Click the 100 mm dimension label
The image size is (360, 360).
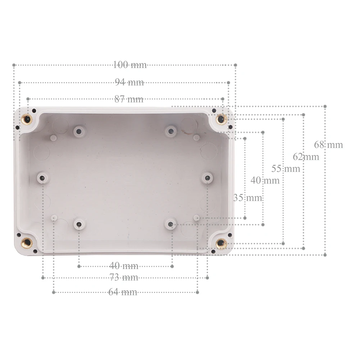tap(130, 65)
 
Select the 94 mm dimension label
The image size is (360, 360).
tap(129, 82)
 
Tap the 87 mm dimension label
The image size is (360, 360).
tap(129, 99)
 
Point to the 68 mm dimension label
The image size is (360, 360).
tap(329, 145)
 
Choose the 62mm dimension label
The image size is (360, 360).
tap(306, 157)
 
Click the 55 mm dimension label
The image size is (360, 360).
tap(286, 169)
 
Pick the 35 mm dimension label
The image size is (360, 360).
tap(248, 198)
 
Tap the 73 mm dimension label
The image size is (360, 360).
tap(124, 277)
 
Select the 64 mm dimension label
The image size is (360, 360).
tap(123, 292)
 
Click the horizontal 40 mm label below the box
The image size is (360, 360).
tap(124, 266)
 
